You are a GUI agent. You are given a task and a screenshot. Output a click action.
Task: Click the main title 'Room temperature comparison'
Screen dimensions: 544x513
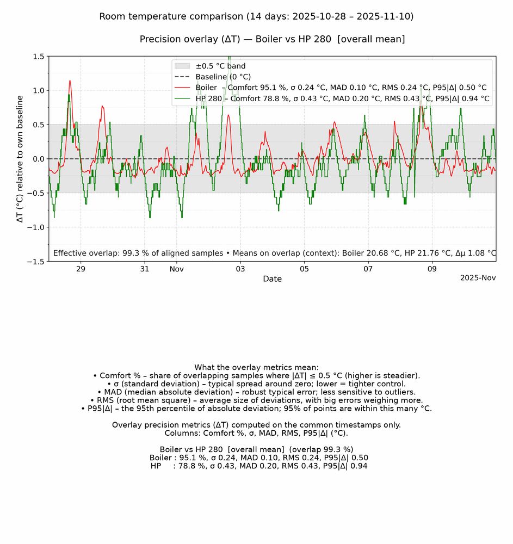click(x=256, y=16)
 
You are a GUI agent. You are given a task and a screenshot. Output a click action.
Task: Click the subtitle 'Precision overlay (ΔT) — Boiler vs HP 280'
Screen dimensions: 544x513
click(x=272, y=39)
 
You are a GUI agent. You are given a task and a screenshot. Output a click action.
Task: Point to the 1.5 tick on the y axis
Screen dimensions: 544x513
click(x=38, y=56)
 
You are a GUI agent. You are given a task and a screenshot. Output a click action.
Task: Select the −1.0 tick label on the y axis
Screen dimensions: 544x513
click(x=36, y=227)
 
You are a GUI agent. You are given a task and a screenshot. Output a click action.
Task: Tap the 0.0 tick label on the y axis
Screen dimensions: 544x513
click(x=38, y=159)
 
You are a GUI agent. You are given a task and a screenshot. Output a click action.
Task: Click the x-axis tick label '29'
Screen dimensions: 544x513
click(x=81, y=269)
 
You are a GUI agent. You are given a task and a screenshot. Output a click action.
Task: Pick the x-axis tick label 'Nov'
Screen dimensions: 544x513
click(x=176, y=269)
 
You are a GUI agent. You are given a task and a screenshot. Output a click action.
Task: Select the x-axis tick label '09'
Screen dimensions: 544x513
click(x=432, y=269)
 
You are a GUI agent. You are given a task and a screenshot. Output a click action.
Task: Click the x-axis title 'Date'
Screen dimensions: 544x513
click(x=272, y=279)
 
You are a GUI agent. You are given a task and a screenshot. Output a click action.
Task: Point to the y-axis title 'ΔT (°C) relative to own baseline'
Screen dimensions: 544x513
click(x=20, y=159)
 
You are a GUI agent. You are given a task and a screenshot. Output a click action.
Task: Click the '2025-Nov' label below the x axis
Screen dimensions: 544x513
click(x=478, y=277)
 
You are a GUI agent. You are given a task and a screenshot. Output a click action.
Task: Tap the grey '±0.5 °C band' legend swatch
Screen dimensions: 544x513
click(x=182, y=66)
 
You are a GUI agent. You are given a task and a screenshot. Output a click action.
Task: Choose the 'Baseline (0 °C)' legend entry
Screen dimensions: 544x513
click(x=223, y=77)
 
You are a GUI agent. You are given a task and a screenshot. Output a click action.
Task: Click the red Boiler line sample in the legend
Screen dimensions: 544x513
click(x=182, y=88)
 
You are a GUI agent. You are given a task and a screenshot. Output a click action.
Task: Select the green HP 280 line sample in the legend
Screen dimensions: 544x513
click(x=182, y=98)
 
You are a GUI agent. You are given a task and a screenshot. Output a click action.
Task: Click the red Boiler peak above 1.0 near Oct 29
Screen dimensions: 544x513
click(x=70, y=81)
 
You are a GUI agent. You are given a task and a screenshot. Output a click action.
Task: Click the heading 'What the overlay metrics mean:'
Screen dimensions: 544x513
click(x=256, y=368)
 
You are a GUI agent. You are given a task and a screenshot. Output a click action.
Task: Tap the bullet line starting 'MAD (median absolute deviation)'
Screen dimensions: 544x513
click(x=256, y=392)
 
